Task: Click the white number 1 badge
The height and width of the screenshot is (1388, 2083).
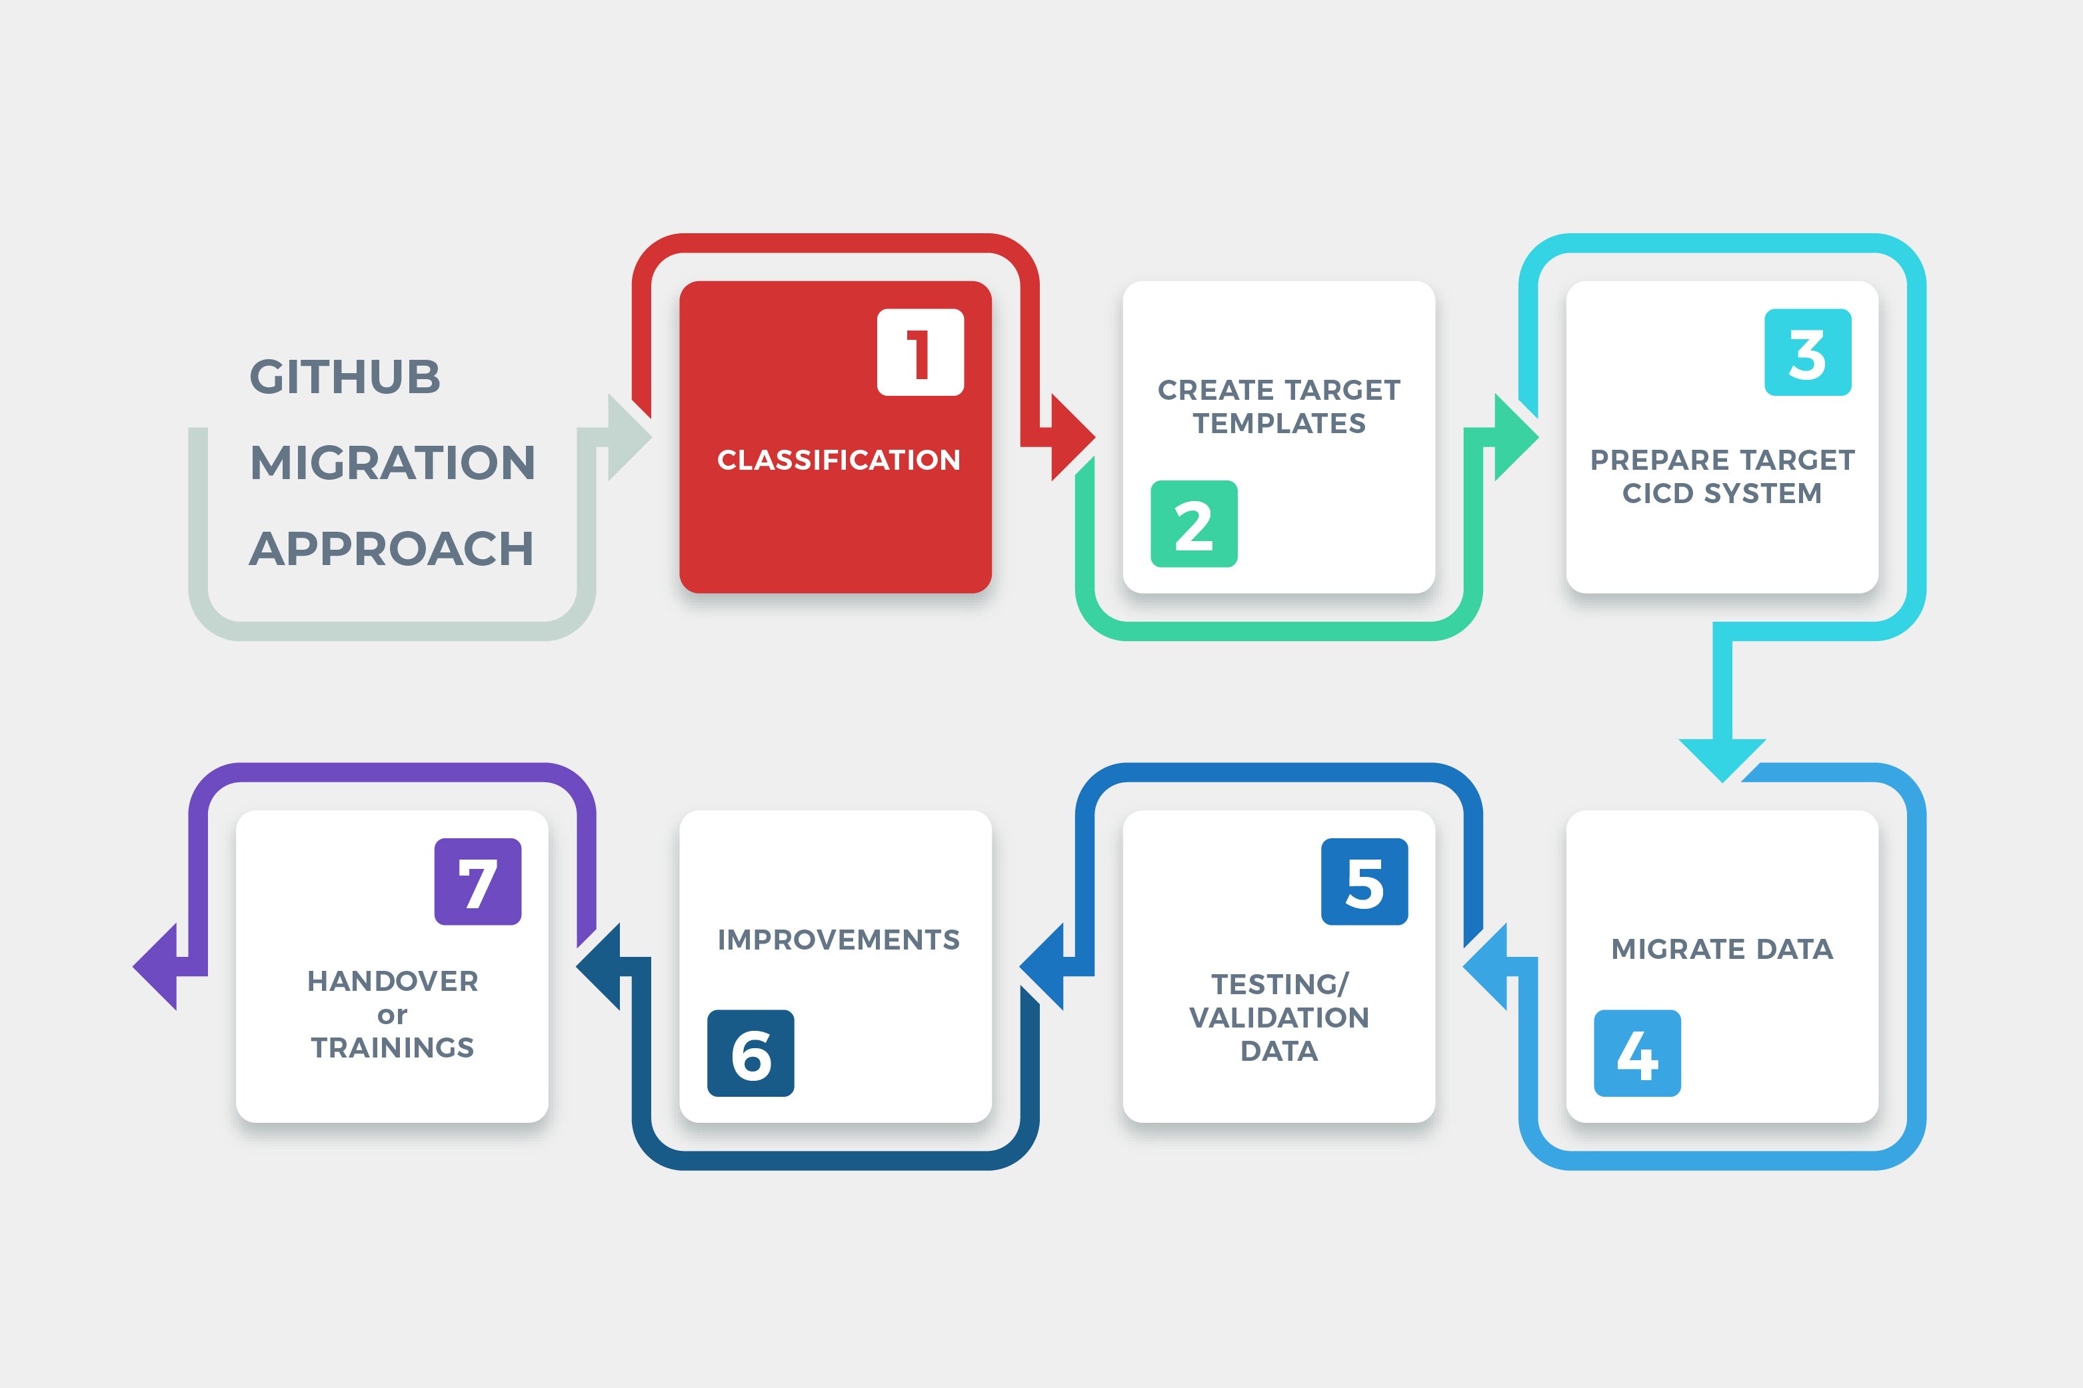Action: click(920, 352)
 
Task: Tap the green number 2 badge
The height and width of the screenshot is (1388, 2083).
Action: click(1193, 524)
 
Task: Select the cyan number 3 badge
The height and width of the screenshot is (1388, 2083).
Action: click(1807, 352)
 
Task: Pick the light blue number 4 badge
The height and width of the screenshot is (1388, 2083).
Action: click(1637, 1053)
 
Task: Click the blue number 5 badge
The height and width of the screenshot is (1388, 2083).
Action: click(1364, 882)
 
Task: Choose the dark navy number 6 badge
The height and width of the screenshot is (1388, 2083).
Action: click(751, 1053)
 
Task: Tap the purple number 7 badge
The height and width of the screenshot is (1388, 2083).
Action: click(477, 882)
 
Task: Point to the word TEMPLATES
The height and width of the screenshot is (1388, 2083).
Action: click(1279, 424)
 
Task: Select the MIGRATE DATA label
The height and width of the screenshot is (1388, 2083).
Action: click(1722, 949)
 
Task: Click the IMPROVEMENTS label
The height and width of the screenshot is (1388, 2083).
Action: click(839, 939)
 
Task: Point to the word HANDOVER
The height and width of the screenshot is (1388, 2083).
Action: click(392, 981)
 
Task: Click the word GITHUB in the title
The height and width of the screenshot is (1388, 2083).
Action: click(345, 377)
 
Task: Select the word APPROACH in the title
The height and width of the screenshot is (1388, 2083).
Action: click(391, 549)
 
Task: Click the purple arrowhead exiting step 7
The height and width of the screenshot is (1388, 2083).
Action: click(157, 967)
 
